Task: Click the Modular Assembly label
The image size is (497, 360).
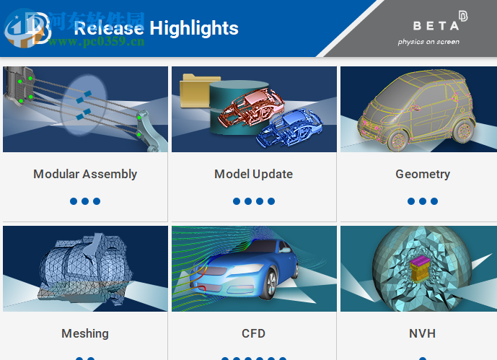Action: (x=85, y=174)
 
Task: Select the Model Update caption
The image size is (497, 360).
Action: (x=253, y=174)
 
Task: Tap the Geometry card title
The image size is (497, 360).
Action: (x=423, y=174)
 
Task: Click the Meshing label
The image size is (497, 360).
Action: (x=85, y=333)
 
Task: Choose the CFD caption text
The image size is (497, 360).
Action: (x=253, y=333)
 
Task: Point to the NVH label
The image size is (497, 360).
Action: (x=422, y=333)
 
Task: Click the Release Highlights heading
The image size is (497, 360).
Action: (x=156, y=28)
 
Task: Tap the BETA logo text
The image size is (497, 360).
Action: (x=435, y=25)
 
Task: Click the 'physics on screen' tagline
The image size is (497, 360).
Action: (x=428, y=42)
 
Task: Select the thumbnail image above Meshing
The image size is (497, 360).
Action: (x=85, y=269)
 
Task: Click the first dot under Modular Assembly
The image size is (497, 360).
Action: (x=74, y=201)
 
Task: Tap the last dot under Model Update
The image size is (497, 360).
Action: (x=271, y=201)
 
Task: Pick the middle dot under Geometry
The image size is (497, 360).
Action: (x=423, y=201)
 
